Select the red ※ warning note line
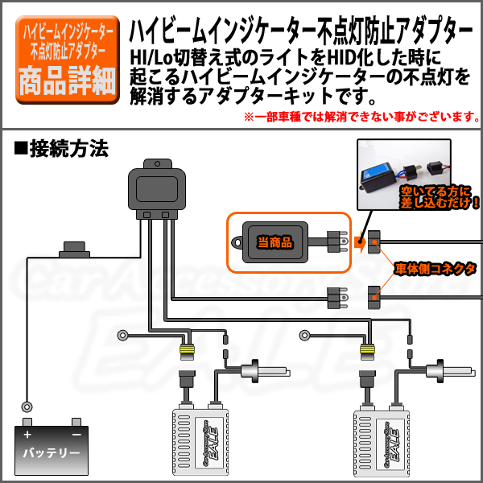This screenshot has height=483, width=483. (361, 118)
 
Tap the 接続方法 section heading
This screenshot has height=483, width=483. (61, 149)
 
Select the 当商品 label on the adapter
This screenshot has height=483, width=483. (275, 241)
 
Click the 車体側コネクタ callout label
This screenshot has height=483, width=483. (435, 267)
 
